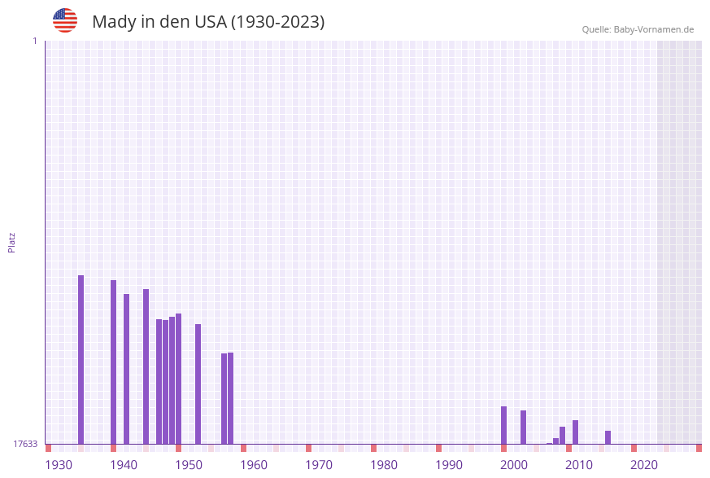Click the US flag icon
(x=65, y=20)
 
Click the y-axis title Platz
(x=12, y=242)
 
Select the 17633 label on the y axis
(x=25, y=444)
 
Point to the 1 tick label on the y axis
(x=34, y=41)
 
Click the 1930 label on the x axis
(x=59, y=465)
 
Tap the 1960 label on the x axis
(x=254, y=465)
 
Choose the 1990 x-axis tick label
(x=449, y=465)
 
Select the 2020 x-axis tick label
(x=644, y=465)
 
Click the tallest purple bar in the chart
(x=81, y=358)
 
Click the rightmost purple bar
(x=608, y=437)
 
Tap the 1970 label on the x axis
(x=319, y=465)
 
